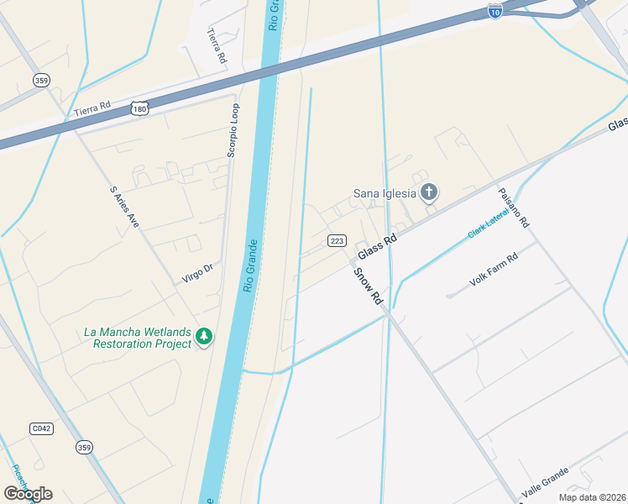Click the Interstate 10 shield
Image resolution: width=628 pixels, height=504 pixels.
[x=495, y=11]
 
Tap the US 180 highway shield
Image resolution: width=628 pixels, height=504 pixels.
[x=139, y=108]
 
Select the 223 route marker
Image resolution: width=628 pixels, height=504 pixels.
[x=337, y=241]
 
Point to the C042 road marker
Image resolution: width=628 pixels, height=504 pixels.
[x=41, y=428]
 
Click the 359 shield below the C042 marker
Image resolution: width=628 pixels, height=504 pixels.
[x=84, y=448]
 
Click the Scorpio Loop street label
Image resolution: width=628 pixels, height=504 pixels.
[x=233, y=130]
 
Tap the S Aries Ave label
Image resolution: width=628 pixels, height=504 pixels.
[x=123, y=207]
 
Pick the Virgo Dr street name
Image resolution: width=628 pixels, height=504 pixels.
[x=199, y=273]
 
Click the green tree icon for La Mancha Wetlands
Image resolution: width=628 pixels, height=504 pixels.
[x=203, y=337]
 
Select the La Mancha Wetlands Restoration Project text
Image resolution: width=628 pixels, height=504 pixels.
[x=138, y=338]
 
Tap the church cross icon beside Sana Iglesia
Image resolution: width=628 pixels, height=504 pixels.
[x=429, y=193]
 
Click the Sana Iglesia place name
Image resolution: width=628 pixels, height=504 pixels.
[x=385, y=193]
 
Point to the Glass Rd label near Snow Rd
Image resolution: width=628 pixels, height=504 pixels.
[x=376, y=248]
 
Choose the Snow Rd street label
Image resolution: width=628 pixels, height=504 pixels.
[x=368, y=286]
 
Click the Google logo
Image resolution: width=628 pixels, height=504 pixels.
[x=28, y=493]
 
